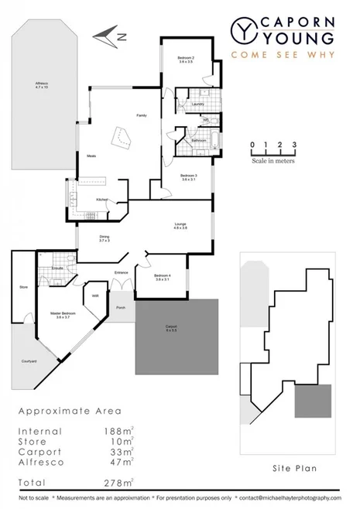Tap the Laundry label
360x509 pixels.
[x=197, y=104]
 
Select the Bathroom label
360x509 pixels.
[x=197, y=141]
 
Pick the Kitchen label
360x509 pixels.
[x=102, y=200]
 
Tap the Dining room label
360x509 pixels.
[x=105, y=238]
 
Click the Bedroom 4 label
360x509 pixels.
[x=162, y=277]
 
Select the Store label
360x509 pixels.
[x=23, y=287]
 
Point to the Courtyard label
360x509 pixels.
[x=29, y=360]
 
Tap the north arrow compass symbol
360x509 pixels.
[x=107, y=34]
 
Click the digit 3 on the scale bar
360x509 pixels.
[x=295, y=145]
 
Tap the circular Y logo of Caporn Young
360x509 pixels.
[x=243, y=30]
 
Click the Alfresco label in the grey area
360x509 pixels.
[x=42, y=86]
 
